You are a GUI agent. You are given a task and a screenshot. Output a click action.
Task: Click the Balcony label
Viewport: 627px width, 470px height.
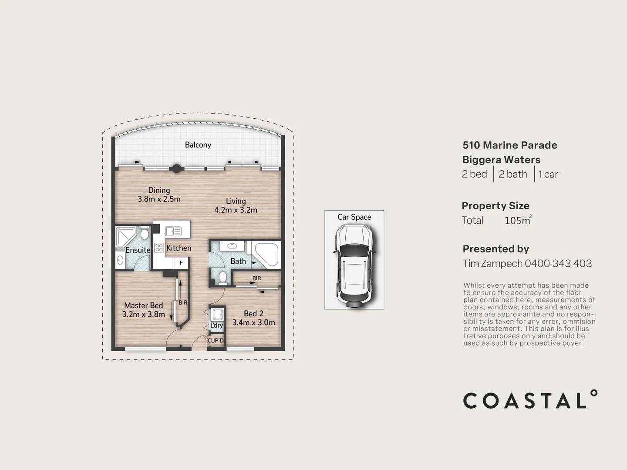click(198, 145)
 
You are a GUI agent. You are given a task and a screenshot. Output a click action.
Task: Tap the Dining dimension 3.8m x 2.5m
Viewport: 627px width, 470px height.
click(159, 199)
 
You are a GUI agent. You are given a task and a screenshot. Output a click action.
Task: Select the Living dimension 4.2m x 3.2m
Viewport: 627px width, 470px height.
click(236, 210)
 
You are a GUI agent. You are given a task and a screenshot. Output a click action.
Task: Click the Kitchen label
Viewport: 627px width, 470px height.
click(179, 248)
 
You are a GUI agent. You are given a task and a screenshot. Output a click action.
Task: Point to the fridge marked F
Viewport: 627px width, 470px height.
click(181, 263)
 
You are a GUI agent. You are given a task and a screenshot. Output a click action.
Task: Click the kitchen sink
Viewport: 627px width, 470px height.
click(173, 232)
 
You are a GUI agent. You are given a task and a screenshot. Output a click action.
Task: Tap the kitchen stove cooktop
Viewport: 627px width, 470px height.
click(158, 248)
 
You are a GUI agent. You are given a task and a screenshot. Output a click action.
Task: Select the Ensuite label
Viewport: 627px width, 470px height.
click(138, 250)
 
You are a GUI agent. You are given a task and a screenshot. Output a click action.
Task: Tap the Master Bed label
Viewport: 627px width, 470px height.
click(143, 305)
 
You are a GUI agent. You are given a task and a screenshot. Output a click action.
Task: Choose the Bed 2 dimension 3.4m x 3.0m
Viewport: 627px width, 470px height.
click(253, 322)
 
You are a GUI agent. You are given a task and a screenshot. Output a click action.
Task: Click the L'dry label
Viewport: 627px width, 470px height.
click(216, 326)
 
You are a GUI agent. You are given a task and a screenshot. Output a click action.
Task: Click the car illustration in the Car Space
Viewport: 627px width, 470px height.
click(354, 265)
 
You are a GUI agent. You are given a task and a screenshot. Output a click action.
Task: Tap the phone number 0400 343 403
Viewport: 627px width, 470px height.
click(558, 263)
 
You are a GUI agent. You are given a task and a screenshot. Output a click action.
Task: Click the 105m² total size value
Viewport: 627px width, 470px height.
click(517, 220)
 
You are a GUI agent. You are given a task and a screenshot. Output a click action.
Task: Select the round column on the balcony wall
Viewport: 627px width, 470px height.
click(176, 168)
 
